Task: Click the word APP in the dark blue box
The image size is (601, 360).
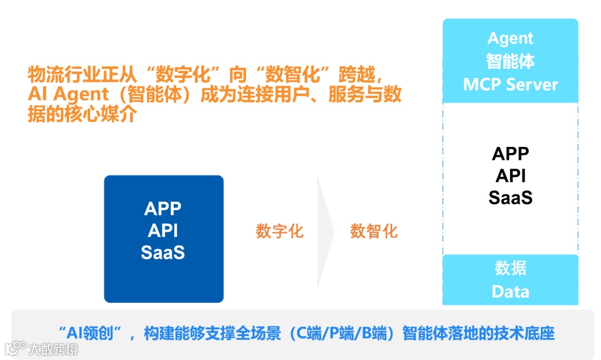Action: tap(163, 209)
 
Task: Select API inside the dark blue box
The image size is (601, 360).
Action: tap(163, 230)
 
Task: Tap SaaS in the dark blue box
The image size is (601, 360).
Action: tap(163, 253)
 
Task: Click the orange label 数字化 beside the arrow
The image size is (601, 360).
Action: tap(280, 231)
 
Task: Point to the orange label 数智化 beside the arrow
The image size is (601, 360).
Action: tap(374, 231)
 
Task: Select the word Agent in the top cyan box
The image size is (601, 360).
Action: tap(510, 38)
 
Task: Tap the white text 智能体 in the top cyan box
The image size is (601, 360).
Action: tap(510, 61)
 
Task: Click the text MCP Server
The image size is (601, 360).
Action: tap(510, 85)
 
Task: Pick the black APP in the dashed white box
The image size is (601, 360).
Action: tap(510, 154)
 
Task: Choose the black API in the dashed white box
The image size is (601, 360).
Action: tap(510, 175)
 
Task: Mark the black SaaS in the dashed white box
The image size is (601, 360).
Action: tap(510, 198)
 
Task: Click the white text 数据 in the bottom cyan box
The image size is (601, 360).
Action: tap(510, 268)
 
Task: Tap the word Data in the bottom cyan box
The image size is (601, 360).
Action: tap(510, 292)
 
